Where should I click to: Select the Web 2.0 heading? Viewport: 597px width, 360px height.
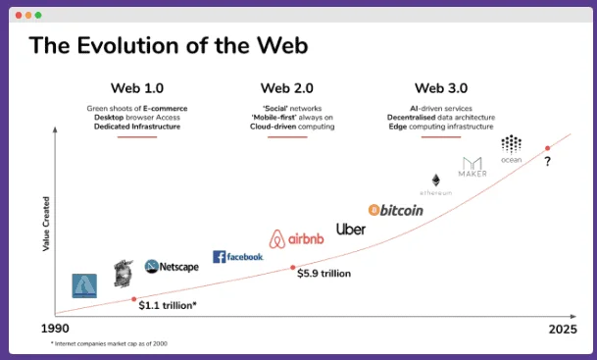coord(286,87)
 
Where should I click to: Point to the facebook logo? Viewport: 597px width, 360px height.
coord(238,257)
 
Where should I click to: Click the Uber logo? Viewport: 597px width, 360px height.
coord(351,229)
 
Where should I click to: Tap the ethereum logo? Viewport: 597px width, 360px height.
coord(436,184)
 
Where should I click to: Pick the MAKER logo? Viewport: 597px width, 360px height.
coord(473,167)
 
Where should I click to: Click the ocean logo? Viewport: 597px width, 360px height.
coord(512,149)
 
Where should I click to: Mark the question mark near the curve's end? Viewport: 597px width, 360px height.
coord(547,162)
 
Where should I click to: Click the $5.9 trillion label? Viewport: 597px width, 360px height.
coord(323,274)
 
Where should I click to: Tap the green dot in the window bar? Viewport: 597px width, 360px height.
coord(39,16)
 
